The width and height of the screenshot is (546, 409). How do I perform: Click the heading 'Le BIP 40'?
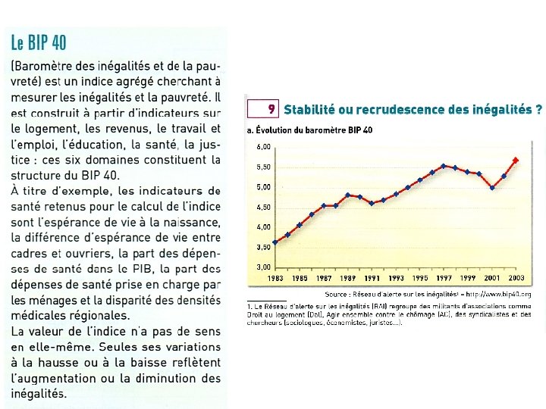[x=39, y=42]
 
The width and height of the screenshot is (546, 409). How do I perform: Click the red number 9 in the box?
[x=271, y=109]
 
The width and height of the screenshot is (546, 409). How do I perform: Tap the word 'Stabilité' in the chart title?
[x=309, y=109]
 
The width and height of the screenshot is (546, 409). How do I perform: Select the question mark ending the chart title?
[x=538, y=109]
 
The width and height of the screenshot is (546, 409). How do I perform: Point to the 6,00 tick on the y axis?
[x=263, y=146]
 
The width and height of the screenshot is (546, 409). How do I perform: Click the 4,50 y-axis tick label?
[x=263, y=207]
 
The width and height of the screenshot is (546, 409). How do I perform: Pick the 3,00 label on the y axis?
[x=263, y=267]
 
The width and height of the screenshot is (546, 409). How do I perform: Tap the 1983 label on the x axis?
[x=276, y=279]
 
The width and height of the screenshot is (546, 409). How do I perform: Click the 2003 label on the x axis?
[x=516, y=279]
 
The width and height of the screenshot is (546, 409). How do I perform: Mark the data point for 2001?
[x=492, y=188]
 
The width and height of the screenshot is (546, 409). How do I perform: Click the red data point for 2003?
[x=516, y=161]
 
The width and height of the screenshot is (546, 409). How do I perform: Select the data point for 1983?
[x=275, y=242]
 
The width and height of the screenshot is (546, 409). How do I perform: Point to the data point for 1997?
[x=444, y=166]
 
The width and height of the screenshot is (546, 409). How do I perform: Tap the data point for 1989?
[x=347, y=195]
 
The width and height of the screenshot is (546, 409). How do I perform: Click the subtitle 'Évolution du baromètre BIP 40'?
[x=314, y=130]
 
